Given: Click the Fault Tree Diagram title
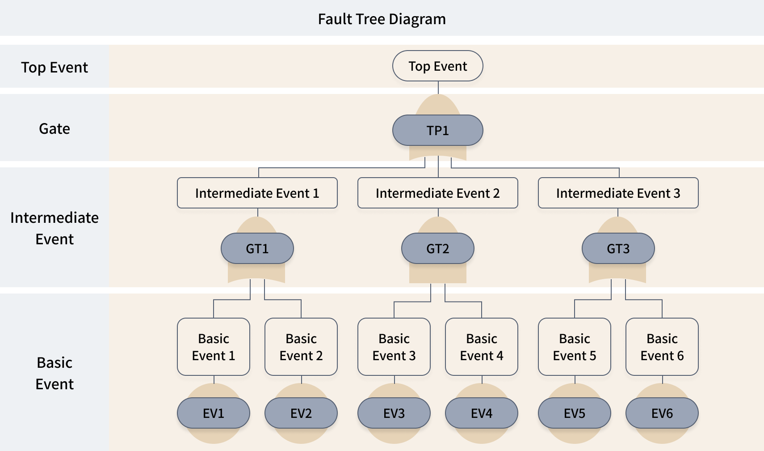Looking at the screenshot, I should tap(382, 19).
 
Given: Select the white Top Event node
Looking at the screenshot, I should tap(437, 66).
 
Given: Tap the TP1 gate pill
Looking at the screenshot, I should tap(437, 131).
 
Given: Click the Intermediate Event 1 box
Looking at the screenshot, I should tap(257, 193).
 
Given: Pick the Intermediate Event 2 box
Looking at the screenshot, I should tap(437, 193).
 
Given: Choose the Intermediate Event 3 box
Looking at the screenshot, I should tap(618, 193).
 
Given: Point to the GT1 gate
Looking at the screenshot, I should tap(257, 249).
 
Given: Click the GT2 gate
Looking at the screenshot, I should tap(437, 249).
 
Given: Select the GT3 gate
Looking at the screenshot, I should tap(618, 249).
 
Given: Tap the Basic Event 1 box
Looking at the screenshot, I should tap(214, 347).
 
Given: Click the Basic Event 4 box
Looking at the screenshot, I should tap(482, 347).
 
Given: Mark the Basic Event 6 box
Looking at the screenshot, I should tap(662, 347).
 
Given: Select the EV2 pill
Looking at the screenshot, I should tap(301, 413).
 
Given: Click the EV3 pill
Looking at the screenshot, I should tap(394, 413).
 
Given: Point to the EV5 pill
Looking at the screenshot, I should tap(575, 413).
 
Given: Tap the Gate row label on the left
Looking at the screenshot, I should tap(55, 129).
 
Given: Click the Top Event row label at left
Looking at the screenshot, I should tap(55, 68).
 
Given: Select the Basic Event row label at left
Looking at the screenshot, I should tap(55, 373).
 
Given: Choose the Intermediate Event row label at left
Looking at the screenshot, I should tap(55, 228).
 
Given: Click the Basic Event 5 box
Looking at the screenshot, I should tap(575, 347).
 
